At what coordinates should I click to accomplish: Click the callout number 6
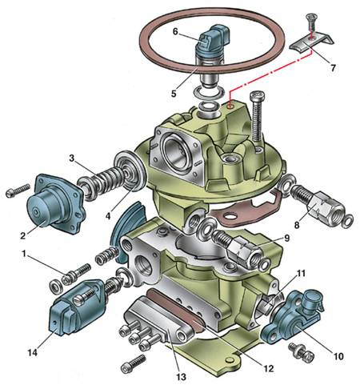click(x=175, y=31)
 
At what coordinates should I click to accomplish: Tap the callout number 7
click(x=333, y=68)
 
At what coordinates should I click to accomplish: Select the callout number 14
click(x=33, y=353)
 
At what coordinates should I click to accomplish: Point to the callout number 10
click(x=338, y=356)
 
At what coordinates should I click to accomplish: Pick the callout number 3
click(x=71, y=158)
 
